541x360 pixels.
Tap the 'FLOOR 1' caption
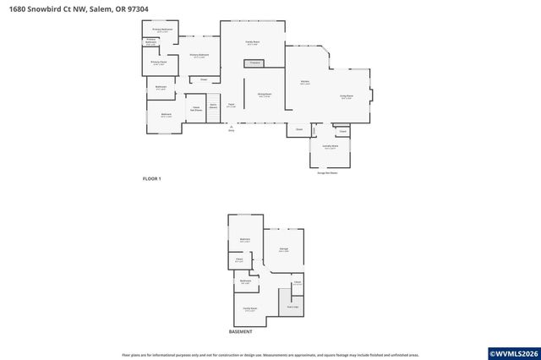click(x=151, y=179)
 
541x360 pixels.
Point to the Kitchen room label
click(x=304, y=83)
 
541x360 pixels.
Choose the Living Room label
click(x=346, y=97)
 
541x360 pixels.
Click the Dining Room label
click(x=264, y=95)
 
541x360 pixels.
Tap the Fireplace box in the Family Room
click(x=254, y=63)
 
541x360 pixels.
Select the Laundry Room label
click(x=331, y=147)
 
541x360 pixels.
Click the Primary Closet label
click(x=158, y=63)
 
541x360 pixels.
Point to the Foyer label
click(x=230, y=105)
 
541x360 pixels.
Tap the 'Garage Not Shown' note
click(x=327, y=172)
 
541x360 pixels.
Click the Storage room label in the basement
click(x=284, y=250)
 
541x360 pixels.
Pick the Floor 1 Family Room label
click(x=252, y=41)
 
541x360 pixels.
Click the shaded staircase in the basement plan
click(x=291, y=307)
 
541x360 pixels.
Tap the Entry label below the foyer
click(x=231, y=130)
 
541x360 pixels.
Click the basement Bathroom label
click(x=245, y=281)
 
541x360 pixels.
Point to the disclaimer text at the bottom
click(x=270, y=355)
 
